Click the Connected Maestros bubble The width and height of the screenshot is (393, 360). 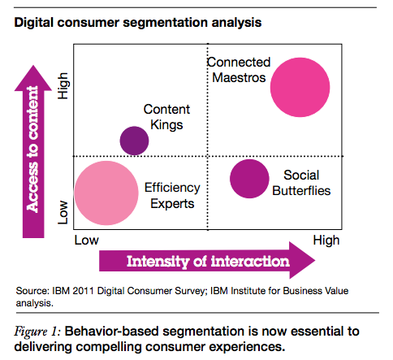[x=300, y=87]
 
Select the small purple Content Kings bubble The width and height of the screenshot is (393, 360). [x=134, y=141]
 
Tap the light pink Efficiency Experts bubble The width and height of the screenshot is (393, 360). [x=106, y=193]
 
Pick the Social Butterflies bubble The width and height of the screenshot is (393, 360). [x=249, y=179]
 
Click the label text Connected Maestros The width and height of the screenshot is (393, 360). [x=239, y=70]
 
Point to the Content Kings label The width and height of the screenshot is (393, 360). [x=166, y=117]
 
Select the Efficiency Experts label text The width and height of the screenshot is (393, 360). [x=172, y=195]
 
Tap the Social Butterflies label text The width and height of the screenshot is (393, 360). [x=301, y=183]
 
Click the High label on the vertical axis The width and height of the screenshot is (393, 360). [x=63, y=86]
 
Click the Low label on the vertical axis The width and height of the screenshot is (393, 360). [x=63, y=213]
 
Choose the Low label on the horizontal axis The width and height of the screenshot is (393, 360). [x=87, y=241]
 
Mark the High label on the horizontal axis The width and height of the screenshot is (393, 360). [x=326, y=241]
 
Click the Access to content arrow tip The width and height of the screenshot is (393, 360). [x=33, y=66]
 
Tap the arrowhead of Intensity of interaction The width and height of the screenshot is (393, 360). [x=315, y=260]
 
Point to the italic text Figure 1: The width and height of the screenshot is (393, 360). [x=37, y=332]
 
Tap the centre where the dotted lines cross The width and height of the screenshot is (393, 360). [x=208, y=156]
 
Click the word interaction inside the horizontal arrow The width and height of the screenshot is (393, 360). [x=250, y=262]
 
